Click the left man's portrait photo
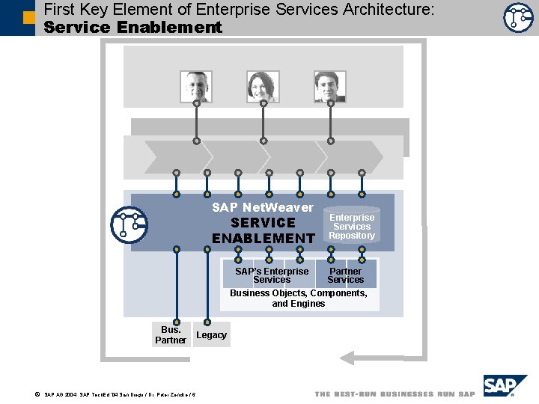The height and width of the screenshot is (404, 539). pos(196,86)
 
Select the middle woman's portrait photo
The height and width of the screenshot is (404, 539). pos(263,86)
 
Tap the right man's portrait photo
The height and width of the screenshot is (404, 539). pos(330,86)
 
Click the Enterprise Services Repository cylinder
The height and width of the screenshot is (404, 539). pos(352,226)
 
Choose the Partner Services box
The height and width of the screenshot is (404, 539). pos(345,275)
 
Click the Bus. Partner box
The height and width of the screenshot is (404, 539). pos(171,334)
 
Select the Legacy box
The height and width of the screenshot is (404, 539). pos(211,335)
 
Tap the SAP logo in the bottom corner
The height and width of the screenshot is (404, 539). pos(505,386)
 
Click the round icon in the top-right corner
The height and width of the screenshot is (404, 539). pos(518,17)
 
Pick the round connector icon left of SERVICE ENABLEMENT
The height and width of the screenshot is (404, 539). pos(129,224)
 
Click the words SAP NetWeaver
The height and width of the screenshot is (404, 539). pos(263,207)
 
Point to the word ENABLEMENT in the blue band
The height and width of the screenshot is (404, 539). pos(263,239)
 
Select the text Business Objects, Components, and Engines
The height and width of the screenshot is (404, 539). pos(299,299)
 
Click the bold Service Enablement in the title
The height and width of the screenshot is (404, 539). pos(133,28)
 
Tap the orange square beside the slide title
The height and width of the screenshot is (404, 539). pos(28,16)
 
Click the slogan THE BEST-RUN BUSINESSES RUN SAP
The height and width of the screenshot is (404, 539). pos(395,394)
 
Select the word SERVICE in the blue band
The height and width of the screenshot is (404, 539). pos(263,223)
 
